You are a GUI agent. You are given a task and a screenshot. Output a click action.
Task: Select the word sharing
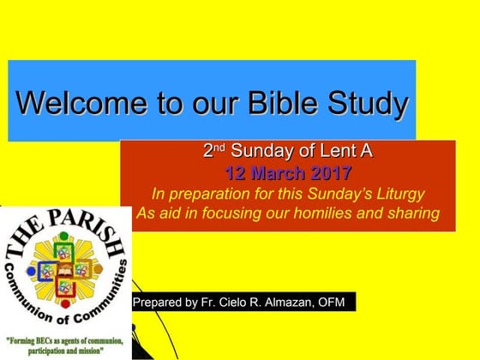pyautogui.click(x=420, y=213)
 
